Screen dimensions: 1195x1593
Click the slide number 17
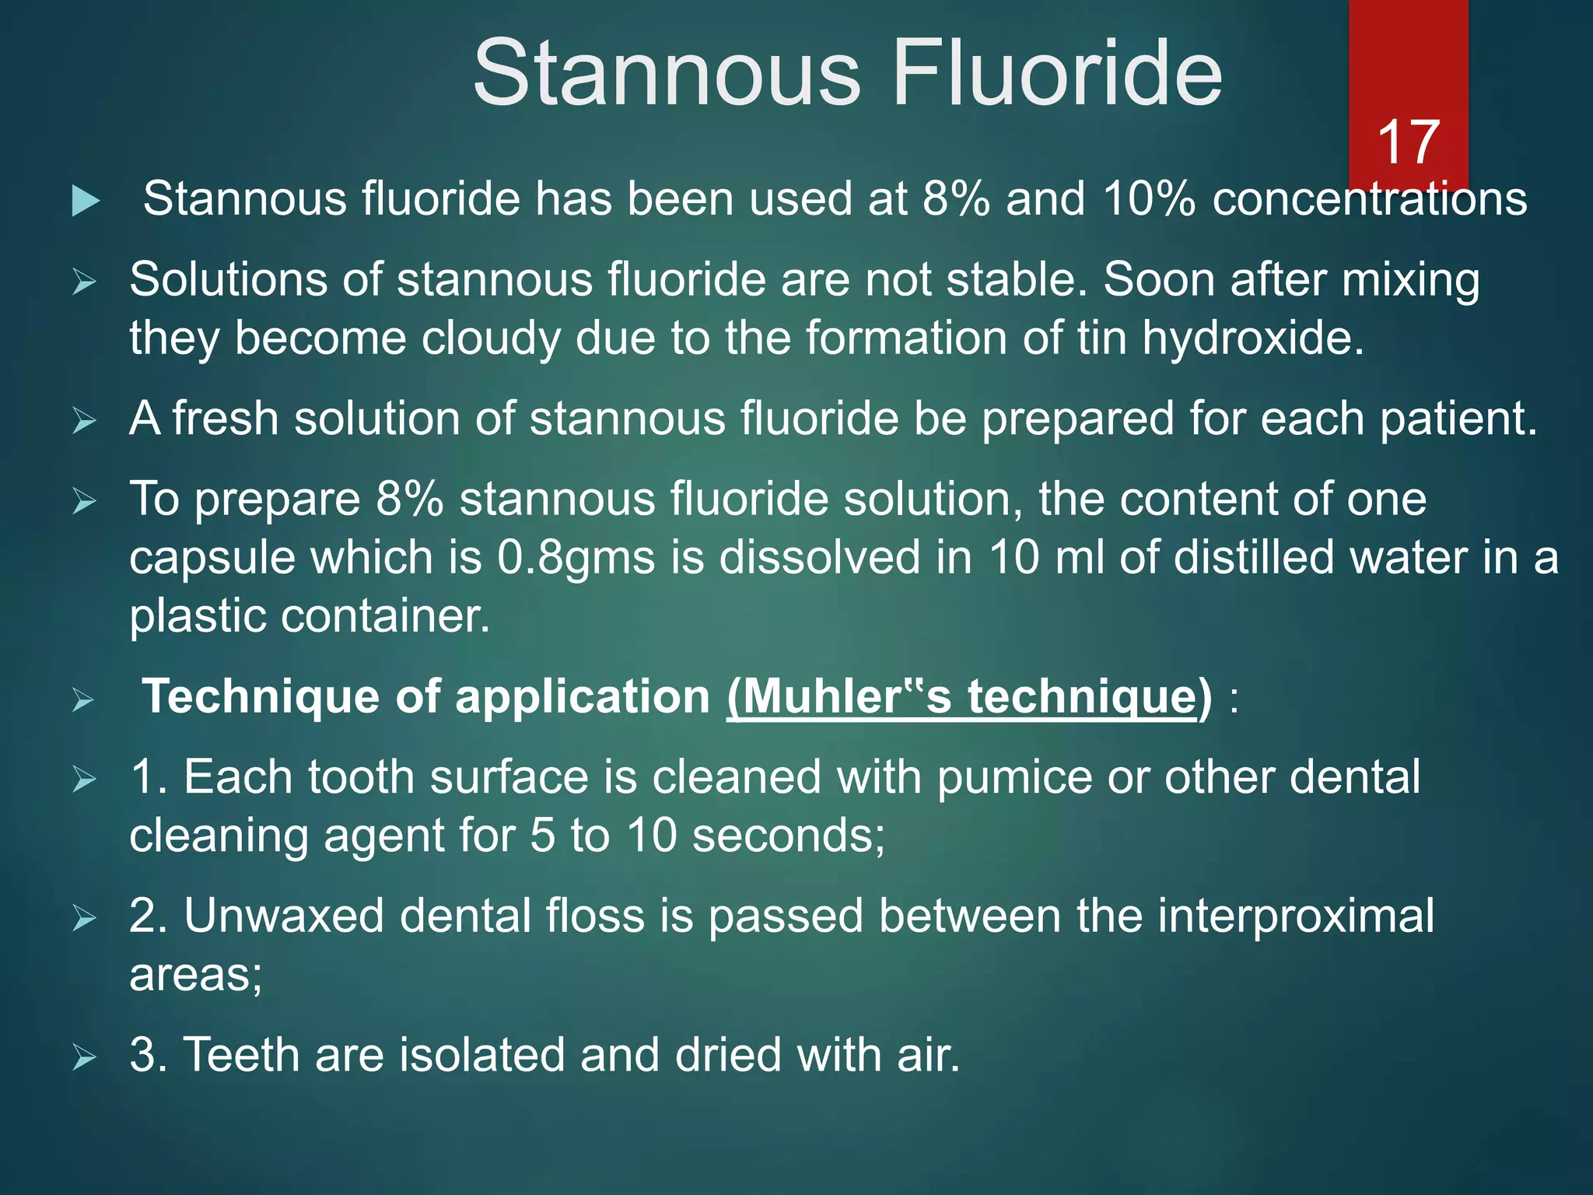pos(1408,142)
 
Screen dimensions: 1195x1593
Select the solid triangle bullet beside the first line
pos(86,201)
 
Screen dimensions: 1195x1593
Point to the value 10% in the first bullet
pos(1149,199)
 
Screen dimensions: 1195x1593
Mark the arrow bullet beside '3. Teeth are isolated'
pos(84,1057)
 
